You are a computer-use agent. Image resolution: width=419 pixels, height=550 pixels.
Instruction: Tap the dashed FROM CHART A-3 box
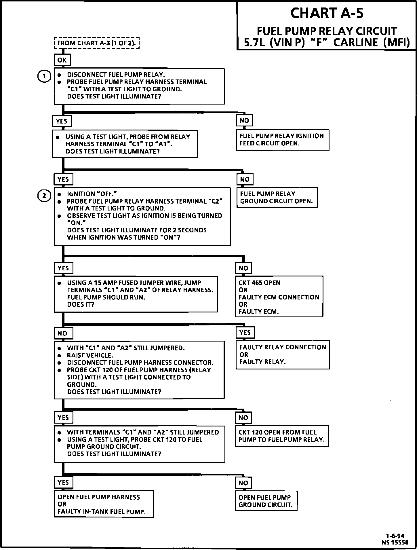click(x=97, y=43)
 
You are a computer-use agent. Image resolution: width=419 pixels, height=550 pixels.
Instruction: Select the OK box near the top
click(x=62, y=60)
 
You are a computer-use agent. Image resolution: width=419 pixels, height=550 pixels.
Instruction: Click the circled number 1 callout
click(x=44, y=76)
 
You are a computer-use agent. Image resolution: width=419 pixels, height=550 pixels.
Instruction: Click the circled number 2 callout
click(x=44, y=196)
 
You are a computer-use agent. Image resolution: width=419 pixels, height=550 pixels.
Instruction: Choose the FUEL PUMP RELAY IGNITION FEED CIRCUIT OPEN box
click(x=282, y=140)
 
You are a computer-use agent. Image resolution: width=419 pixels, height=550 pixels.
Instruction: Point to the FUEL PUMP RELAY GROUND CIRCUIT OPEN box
click(x=277, y=198)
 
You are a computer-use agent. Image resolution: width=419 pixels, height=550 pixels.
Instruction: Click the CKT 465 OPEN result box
click(x=279, y=297)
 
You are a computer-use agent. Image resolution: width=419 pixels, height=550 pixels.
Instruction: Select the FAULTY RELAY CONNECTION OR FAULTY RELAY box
click(x=283, y=354)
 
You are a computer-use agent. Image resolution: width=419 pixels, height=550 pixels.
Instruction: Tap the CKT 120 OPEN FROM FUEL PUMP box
click(x=282, y=436)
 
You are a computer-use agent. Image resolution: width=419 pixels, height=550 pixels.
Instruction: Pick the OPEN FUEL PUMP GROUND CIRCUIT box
click(x=266, y=501)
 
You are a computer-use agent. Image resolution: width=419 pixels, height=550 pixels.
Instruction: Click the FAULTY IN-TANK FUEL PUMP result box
click(x=104, y=504)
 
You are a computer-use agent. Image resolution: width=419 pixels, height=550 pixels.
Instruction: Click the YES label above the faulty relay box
click(x=245, y=333)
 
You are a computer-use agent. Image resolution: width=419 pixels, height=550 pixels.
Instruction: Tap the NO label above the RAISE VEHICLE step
click(x=63, y=333)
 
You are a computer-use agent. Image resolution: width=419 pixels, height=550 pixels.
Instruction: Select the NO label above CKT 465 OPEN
click(x=243, y=268)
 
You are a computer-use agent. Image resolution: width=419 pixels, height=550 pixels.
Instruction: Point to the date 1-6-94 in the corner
click(x=395, y=536)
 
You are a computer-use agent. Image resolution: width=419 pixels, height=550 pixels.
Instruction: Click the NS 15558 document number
click(x=395, y=542)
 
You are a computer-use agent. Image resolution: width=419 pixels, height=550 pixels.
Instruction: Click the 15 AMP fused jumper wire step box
click(x=136, y=294)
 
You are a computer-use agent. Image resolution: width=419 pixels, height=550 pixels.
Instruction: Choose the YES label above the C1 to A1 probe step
click(x=61, y=121)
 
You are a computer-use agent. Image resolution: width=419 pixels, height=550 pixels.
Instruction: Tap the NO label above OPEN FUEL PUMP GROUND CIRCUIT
click(x=243, y=483)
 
